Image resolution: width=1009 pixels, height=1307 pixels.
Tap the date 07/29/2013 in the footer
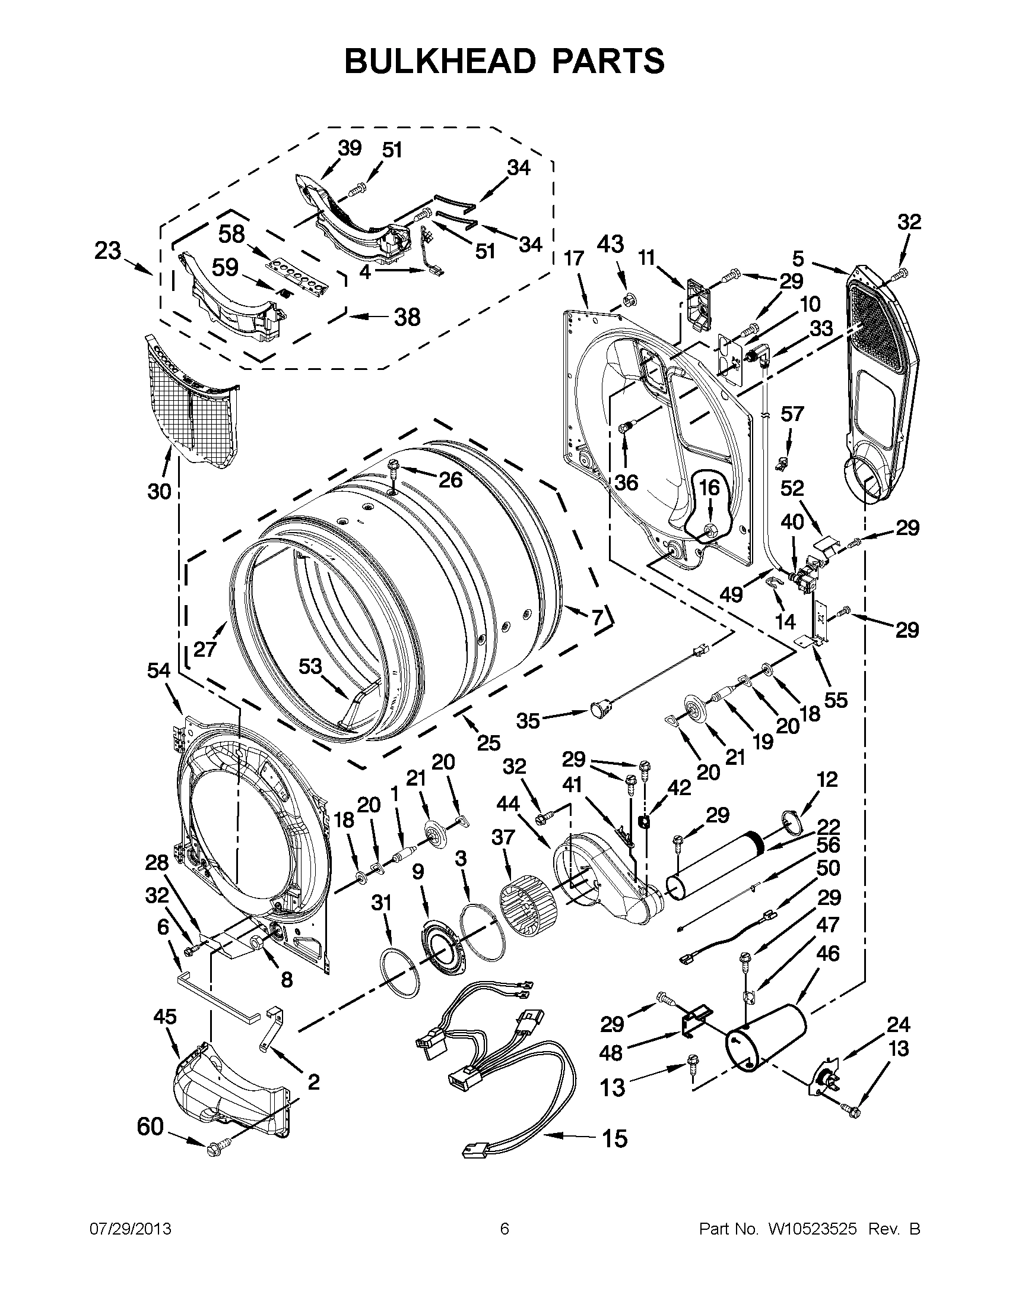click(130, 1229)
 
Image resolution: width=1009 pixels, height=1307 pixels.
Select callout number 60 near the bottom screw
click(150, 1127)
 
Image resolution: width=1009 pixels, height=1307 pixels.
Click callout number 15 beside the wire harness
click(615, 1138)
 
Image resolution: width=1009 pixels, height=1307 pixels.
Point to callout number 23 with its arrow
click(107, 251)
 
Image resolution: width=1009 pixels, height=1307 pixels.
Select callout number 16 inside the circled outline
click(709, 488)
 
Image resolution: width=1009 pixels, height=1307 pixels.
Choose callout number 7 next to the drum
click(597, 618)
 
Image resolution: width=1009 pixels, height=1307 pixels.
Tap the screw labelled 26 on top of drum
click(394, 465)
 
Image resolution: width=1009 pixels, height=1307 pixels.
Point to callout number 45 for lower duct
click(165, 1017)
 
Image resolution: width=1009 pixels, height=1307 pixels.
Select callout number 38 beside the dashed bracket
click(407, 317)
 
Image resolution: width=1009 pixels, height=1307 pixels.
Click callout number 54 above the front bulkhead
click(159, 672)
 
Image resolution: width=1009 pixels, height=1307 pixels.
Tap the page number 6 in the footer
click(504, 1229)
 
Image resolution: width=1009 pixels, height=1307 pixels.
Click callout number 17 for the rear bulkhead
click(573, 259)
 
